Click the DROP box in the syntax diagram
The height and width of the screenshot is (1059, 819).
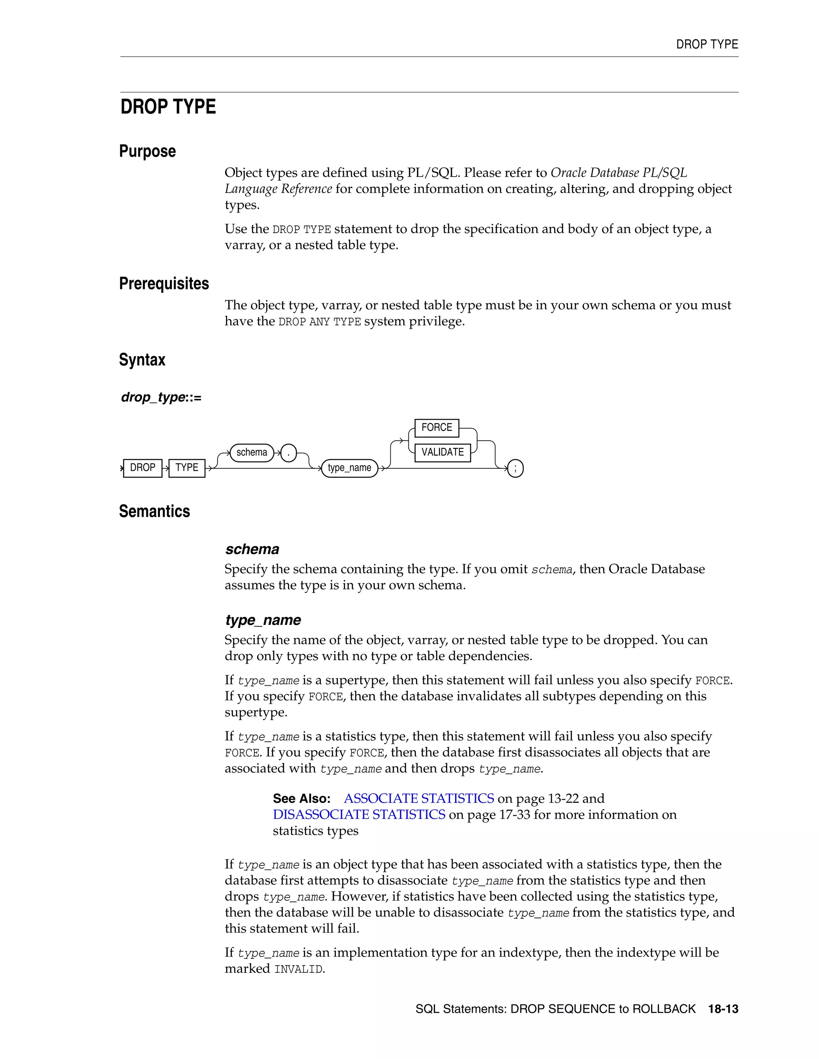(x=143, y=468)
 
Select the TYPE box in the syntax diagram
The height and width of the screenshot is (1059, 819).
(x=187, y=468)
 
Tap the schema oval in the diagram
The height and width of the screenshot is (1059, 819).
(x=252, y=452)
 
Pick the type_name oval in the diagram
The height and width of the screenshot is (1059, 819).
(x=350, y=468)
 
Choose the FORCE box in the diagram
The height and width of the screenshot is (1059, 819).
(x=437, y=428)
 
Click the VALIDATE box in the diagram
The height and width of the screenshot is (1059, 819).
(x=443, y=452)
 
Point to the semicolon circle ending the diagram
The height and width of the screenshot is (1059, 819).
(x=515, y=468)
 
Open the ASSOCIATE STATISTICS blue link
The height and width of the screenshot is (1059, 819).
(x=419, y=798)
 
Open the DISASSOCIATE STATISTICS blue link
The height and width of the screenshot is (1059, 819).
(x=359, y=814)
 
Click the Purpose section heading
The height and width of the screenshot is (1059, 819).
(x=148, y=151)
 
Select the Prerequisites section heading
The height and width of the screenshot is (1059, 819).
(x=164, y=284)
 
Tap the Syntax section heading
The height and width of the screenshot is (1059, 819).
(x=142, y=360)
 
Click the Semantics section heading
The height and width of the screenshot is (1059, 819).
(x=154, y=512)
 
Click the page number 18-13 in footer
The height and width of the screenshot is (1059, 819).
(x=723, y=1009)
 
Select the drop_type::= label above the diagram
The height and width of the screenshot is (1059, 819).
(x=161, y=398)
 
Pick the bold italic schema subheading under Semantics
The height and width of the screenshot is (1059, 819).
(x=252, y=549)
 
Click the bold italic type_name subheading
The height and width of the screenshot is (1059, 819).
(x=263, y=620)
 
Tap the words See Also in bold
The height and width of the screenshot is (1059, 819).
(x=301, y=798)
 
